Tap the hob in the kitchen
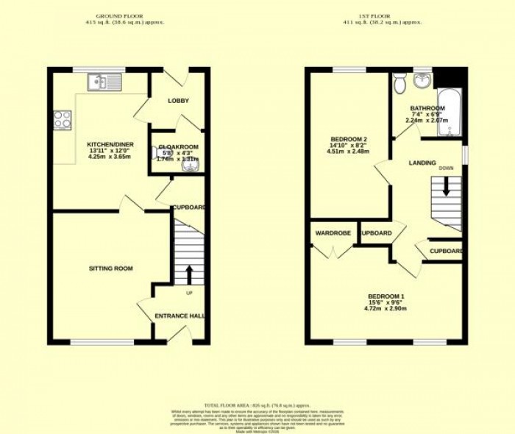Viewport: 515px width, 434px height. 62,118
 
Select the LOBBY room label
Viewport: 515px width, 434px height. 178,101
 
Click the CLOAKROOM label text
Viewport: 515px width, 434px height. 178,147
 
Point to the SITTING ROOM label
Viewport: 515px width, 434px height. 111,268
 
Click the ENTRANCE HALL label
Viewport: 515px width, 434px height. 180,316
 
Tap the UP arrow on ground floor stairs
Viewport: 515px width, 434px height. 190,274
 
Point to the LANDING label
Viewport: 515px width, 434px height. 423,163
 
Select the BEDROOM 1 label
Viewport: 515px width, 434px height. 386,296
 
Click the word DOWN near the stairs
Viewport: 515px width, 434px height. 446,168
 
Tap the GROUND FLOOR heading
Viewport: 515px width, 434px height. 120,15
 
